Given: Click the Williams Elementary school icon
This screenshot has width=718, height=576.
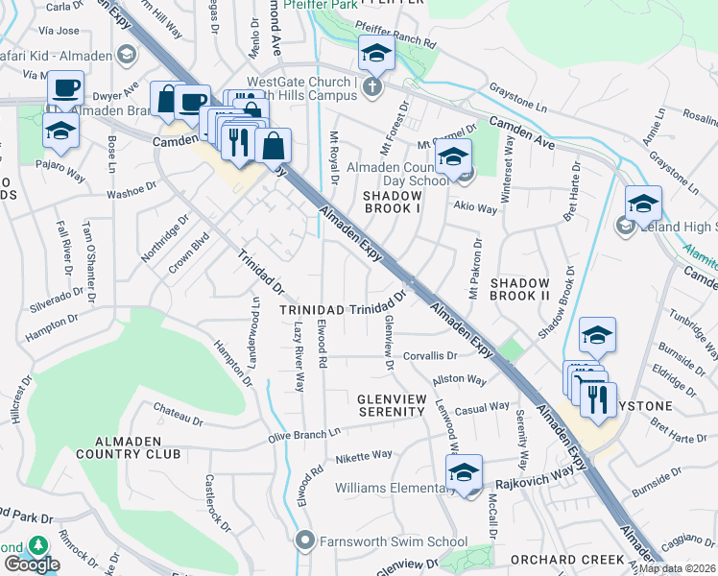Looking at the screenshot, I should click(464, 471).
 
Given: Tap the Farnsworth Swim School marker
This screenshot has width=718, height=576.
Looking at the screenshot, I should click(305, 541).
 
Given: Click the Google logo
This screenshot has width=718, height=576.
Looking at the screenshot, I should click(32, 564).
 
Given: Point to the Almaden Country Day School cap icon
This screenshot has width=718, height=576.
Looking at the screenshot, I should click(454, 156).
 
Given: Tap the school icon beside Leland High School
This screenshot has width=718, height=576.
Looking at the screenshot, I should click(643, 203).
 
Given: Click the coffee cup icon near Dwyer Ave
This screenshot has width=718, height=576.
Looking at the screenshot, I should click(66, 89).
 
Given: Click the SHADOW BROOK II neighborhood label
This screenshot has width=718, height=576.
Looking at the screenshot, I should click(519, 289).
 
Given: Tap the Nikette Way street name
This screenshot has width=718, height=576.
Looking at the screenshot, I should click(364, 455).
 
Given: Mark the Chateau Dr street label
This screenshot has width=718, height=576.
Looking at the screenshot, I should click(179, 415).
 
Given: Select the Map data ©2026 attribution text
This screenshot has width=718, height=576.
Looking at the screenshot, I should click(677, 568).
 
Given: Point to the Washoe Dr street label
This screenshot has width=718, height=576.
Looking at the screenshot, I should click(132, 190).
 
